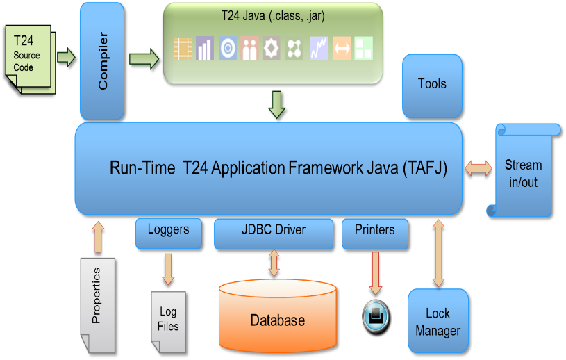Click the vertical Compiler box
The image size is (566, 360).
tap(102, 60)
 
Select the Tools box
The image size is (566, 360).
tap(431, 85)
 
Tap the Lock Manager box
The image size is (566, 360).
tap(438, 322)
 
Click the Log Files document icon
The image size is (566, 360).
tap(168, 320)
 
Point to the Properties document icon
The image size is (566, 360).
tap(98, 304)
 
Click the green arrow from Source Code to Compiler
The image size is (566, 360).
tap(65, 56)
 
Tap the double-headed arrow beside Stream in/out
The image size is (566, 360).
tap(478, 167)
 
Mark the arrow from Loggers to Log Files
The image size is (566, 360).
tap(167, 268)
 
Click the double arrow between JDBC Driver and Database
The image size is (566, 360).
tap(274, 263)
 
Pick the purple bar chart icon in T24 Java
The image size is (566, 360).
tap(204, 49)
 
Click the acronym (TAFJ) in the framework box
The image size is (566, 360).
tap(424, 168)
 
